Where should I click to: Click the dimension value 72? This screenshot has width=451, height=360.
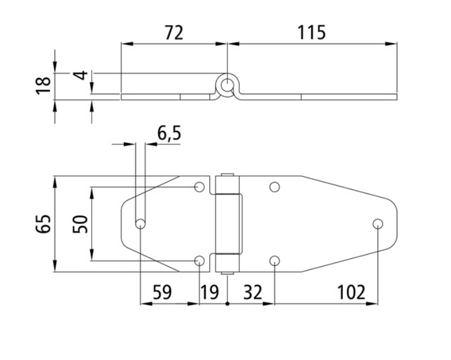(x=174, y=33)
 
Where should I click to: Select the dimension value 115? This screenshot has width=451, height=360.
(x=311, y=32)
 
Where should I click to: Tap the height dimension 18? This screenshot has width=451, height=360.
(x=43, y=85)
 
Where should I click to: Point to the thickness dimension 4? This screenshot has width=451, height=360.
(x=80, y=75)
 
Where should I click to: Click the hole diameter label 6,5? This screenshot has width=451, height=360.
(x=169, y=133)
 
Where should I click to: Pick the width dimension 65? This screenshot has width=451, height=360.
(x=43, y=224)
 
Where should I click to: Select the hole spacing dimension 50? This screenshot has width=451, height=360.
(x=80, y=224)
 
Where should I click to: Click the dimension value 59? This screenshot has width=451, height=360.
(x=162, y=292)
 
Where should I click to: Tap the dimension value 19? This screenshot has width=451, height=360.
(x=209, y=292)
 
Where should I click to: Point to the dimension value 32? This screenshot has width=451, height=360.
(x=253, y=292)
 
